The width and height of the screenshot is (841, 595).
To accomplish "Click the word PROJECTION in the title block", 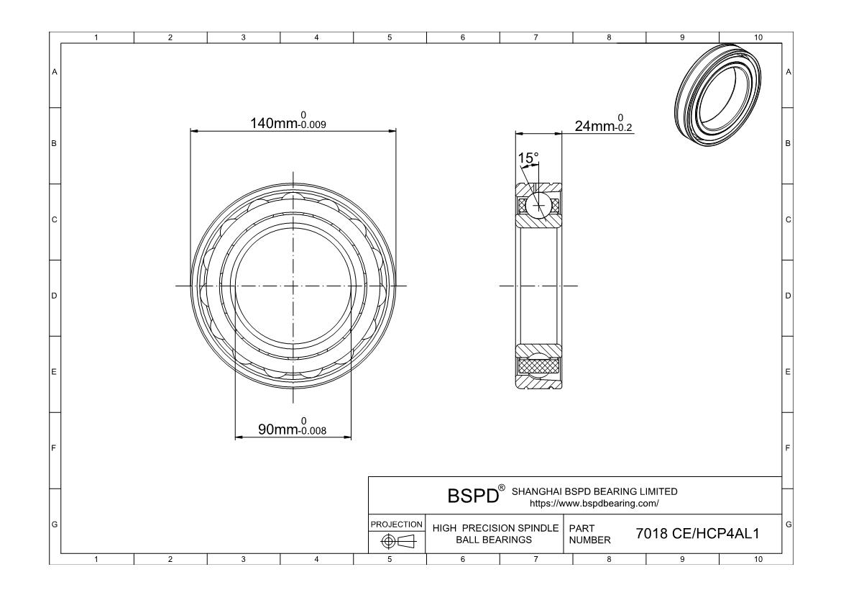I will click(x=397, y=524).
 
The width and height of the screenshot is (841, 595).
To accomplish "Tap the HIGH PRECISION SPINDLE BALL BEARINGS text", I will click(x=495, y=534).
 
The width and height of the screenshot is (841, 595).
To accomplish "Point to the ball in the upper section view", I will click(x=538, y=205).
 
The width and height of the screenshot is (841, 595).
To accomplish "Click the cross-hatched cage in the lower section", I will click(x=538, y=366).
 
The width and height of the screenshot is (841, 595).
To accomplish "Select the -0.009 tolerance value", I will click(x=313, y=125).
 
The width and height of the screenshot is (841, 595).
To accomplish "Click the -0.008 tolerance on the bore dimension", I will click(x=313, y=432).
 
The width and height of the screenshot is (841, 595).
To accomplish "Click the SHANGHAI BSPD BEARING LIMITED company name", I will click(x=594, y=491).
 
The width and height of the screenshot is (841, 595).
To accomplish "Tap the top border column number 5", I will click(x=390, y=37).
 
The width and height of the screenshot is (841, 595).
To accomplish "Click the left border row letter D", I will click(x=54, y=296).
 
